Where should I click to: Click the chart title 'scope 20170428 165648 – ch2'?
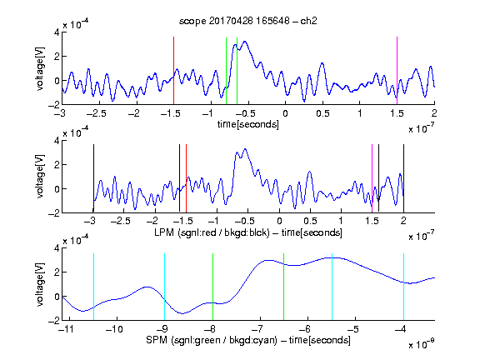click(248, 21)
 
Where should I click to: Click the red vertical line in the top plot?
click(173, 71)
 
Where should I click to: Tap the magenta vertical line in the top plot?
click(397, 71)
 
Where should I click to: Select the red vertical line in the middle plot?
click(186, 178)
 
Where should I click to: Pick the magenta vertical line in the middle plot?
click(372, 178)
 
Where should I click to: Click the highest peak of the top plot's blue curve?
click(245, 41)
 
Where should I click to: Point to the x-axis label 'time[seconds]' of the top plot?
click(248, 124)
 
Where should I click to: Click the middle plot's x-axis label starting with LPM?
click(248, 232)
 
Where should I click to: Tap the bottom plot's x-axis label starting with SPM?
click(248, 340)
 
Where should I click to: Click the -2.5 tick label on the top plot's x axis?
click(96, 114)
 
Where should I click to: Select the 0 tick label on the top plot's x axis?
click(285, 114)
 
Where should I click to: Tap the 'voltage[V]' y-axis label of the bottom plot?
click(40, 284)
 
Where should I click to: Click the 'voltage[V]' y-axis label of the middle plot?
click(40, 177)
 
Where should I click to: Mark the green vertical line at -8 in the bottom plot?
click(212, 287)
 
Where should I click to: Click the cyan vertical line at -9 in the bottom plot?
click(164, 287)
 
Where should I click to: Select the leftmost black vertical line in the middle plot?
click(93, 178)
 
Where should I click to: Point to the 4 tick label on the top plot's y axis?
click(57, 32)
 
